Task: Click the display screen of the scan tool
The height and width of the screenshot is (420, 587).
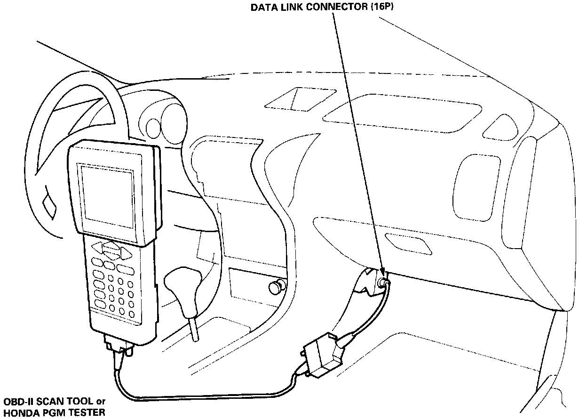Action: point(107,194)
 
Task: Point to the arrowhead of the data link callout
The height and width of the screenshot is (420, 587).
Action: point(382,272)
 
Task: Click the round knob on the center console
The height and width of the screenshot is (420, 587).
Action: point(276,286)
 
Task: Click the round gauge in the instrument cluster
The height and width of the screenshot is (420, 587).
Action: point(154,125)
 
